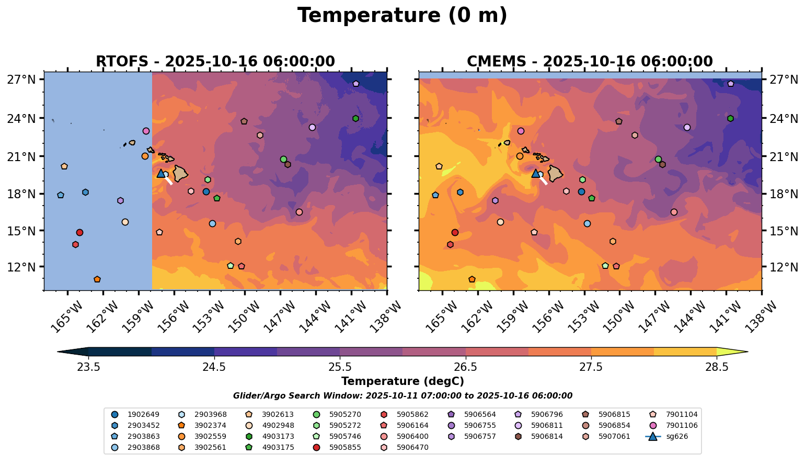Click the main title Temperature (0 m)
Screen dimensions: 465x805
pos(402,16)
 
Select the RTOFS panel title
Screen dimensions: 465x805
pos(215,62)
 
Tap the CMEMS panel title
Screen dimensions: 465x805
pos(590,62)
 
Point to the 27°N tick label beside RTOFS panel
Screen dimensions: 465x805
pos(21,80)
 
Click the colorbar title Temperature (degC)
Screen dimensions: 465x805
pos(402,381)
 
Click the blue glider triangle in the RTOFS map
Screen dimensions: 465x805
pos(160,173)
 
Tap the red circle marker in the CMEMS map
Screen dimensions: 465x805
pos(455,232)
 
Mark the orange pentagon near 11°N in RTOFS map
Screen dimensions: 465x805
pos(97,279)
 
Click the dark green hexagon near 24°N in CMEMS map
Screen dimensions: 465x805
pos(730,118)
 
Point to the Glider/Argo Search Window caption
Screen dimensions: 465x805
pos(402,396)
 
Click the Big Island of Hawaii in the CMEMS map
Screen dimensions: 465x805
pos(555,173)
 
